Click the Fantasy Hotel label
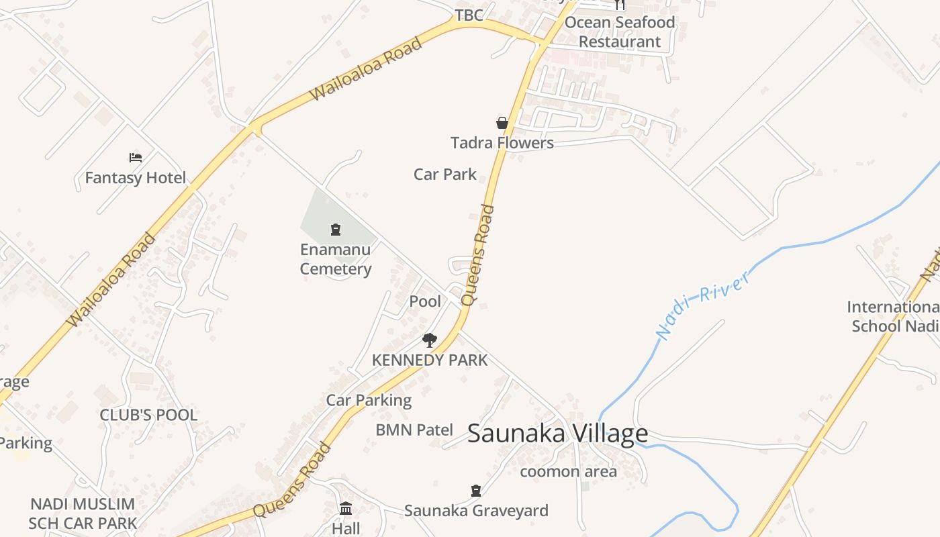pos(136,178)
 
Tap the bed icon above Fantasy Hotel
pos(136,158)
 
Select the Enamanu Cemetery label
pos(336,259)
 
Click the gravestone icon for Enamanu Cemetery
pos(336,230)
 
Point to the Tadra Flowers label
pos(502,143)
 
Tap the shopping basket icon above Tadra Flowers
pos(502,123)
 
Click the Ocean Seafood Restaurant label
pos(619,32)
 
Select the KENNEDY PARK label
pos(430,360)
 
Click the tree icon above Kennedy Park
pos(430,340)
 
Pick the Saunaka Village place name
pos(557,434)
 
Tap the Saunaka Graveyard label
pos(476,511)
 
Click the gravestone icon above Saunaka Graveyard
pos(476,491)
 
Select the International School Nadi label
pos(893,316)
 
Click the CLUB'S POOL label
pos(148,415)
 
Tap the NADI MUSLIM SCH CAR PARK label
pos(83,514)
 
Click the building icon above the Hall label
pos(346,508)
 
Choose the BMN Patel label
pos(414,430)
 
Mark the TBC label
pos(469,15)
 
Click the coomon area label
pos(568,472)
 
